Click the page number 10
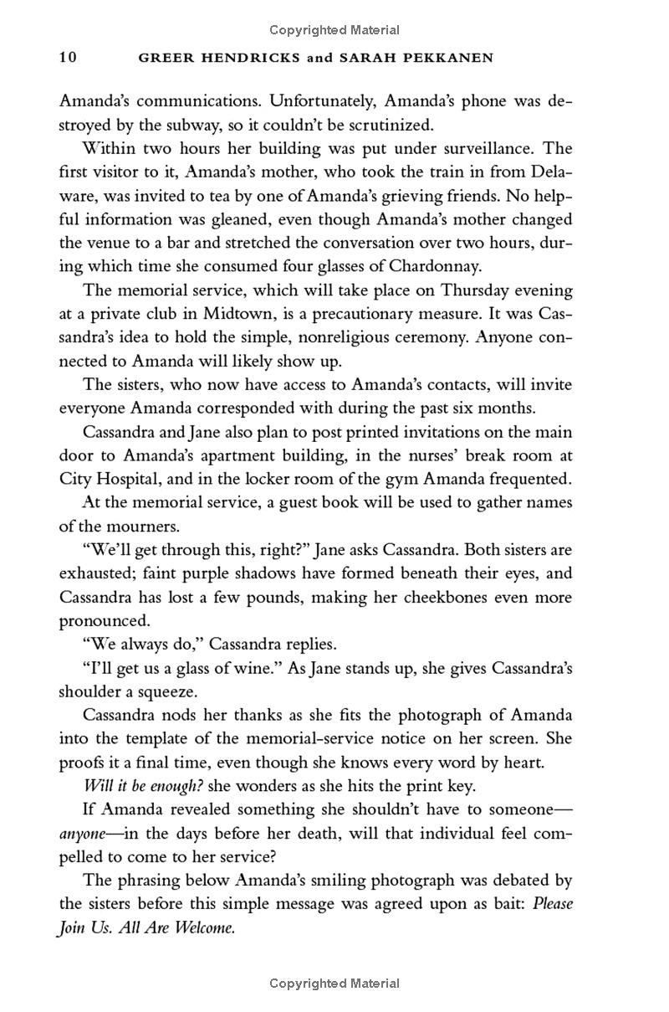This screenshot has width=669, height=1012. pyautogui.click(x=68, y=58)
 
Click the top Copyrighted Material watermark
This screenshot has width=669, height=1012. pyautogui.click(x=334, y=30)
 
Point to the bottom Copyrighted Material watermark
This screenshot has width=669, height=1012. pyautogui.click(x=334, y=984)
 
